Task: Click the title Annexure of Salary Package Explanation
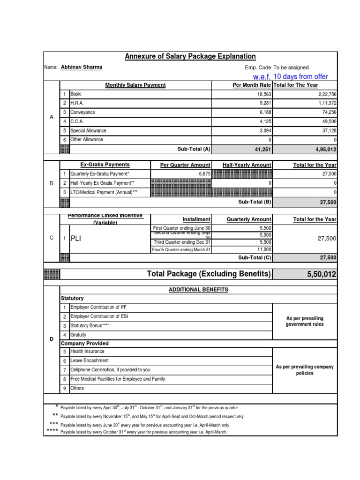point(190,57)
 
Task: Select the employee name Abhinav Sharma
point(82,67)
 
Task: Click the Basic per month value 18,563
point(261,94)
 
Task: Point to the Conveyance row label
point(82,112)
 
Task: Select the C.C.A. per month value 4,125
point(263,121)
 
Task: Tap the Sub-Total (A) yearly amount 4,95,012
point(321,150)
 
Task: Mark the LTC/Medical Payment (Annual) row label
point(104,193)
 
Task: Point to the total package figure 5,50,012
point(322,274)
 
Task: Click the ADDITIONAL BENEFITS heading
point(198,290)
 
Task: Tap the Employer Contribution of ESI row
point(99,316)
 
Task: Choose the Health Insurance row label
point(87,352)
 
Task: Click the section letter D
point(52,339)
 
